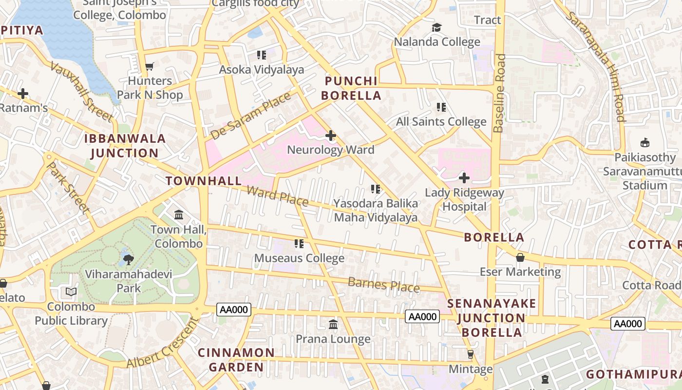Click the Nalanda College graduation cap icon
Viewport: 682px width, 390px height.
[x=436, y=28]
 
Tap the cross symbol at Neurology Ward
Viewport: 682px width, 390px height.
[x=331, y=135]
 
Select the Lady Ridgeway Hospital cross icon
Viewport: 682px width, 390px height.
[x=464, y=178]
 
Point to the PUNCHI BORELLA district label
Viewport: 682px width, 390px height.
[x=353, y=88]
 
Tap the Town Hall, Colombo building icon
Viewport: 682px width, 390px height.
[x=178, y=215]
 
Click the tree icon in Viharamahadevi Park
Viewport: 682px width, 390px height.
[x=129, y=259]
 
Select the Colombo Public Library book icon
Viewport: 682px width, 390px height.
[x=71, y=292]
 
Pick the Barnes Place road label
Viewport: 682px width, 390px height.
[x=383, y=285]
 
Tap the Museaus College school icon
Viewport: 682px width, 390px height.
[x=299, y=243]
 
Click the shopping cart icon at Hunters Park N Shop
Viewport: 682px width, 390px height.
[x=150, y=66]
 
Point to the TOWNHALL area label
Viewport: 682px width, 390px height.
[x=203, y=181]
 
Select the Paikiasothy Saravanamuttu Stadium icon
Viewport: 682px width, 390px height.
[x=645, y=143]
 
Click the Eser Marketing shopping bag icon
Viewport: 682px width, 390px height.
[x=520, y=257]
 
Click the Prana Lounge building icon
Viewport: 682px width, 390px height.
[x=333, y=324]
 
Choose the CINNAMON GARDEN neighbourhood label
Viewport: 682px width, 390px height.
[x=236, y=359]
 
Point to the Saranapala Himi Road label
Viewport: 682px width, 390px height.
[x=595, y=66]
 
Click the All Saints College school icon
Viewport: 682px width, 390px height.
[x=441, y=107]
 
